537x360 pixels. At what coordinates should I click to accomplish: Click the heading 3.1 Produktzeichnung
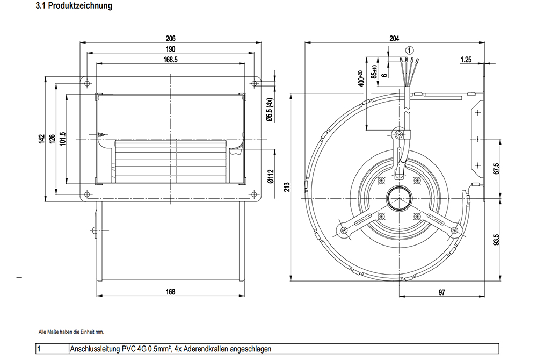(74, 5)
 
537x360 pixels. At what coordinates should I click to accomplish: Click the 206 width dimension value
(171, 38)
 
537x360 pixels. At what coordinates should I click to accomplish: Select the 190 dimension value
(171, 49)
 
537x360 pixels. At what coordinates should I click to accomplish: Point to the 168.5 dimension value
(171, 60)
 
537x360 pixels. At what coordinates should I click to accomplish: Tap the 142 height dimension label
(42, 139)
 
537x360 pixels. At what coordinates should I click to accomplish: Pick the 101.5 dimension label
(62, 139)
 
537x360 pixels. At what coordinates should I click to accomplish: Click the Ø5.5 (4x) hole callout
(270, 110)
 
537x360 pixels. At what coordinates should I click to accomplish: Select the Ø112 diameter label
(271, 176)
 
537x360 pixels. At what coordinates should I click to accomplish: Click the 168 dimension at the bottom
(171, 292)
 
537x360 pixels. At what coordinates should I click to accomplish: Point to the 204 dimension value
(394, 38)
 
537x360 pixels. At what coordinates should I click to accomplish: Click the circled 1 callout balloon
(410, 50)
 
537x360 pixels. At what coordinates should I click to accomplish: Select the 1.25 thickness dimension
(466, 60)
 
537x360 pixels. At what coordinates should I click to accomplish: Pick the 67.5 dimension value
(496, 168)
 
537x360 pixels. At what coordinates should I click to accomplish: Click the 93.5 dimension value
(496, 240)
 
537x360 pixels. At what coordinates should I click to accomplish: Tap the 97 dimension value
(442, 292)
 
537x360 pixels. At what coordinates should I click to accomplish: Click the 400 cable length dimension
(360, 79)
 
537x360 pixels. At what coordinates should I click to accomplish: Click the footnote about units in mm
(71, 332)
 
